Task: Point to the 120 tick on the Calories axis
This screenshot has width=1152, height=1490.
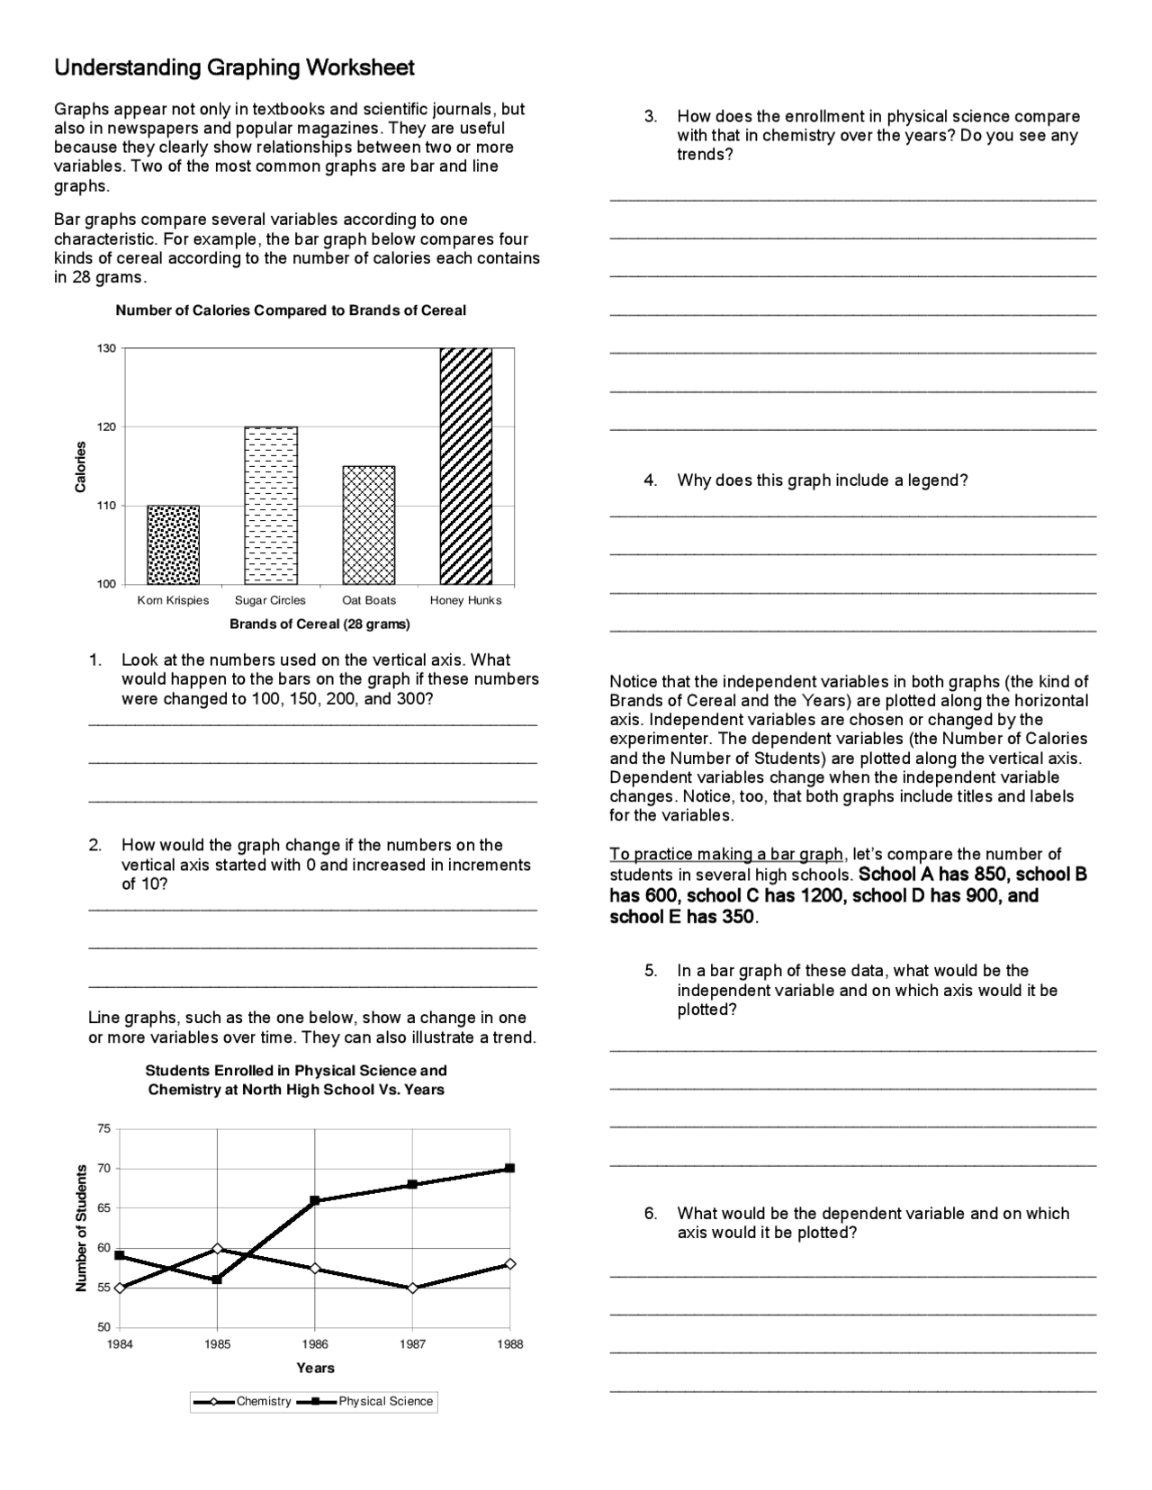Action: pos(106,427)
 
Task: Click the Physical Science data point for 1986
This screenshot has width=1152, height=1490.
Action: pos(315,1200)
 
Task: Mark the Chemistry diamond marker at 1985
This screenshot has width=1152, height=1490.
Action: pos(217,1249)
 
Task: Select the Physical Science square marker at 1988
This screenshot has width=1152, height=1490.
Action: pos(510,1168)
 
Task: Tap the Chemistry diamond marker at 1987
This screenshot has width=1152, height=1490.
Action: pos(412,1288)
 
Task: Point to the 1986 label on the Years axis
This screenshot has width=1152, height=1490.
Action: pos(314,1344)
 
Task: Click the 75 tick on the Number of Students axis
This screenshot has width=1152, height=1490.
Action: pos(103,1128)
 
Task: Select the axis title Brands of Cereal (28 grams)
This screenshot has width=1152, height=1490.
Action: pos(319,624)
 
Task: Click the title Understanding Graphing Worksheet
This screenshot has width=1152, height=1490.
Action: pos(234,68)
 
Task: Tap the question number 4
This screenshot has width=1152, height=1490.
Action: pos(650,480)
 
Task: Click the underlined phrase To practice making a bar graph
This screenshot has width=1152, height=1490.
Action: pos(727,854)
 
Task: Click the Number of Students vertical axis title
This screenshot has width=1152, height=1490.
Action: pos(82,1228)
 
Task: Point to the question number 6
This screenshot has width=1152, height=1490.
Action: pos(650,1214)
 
